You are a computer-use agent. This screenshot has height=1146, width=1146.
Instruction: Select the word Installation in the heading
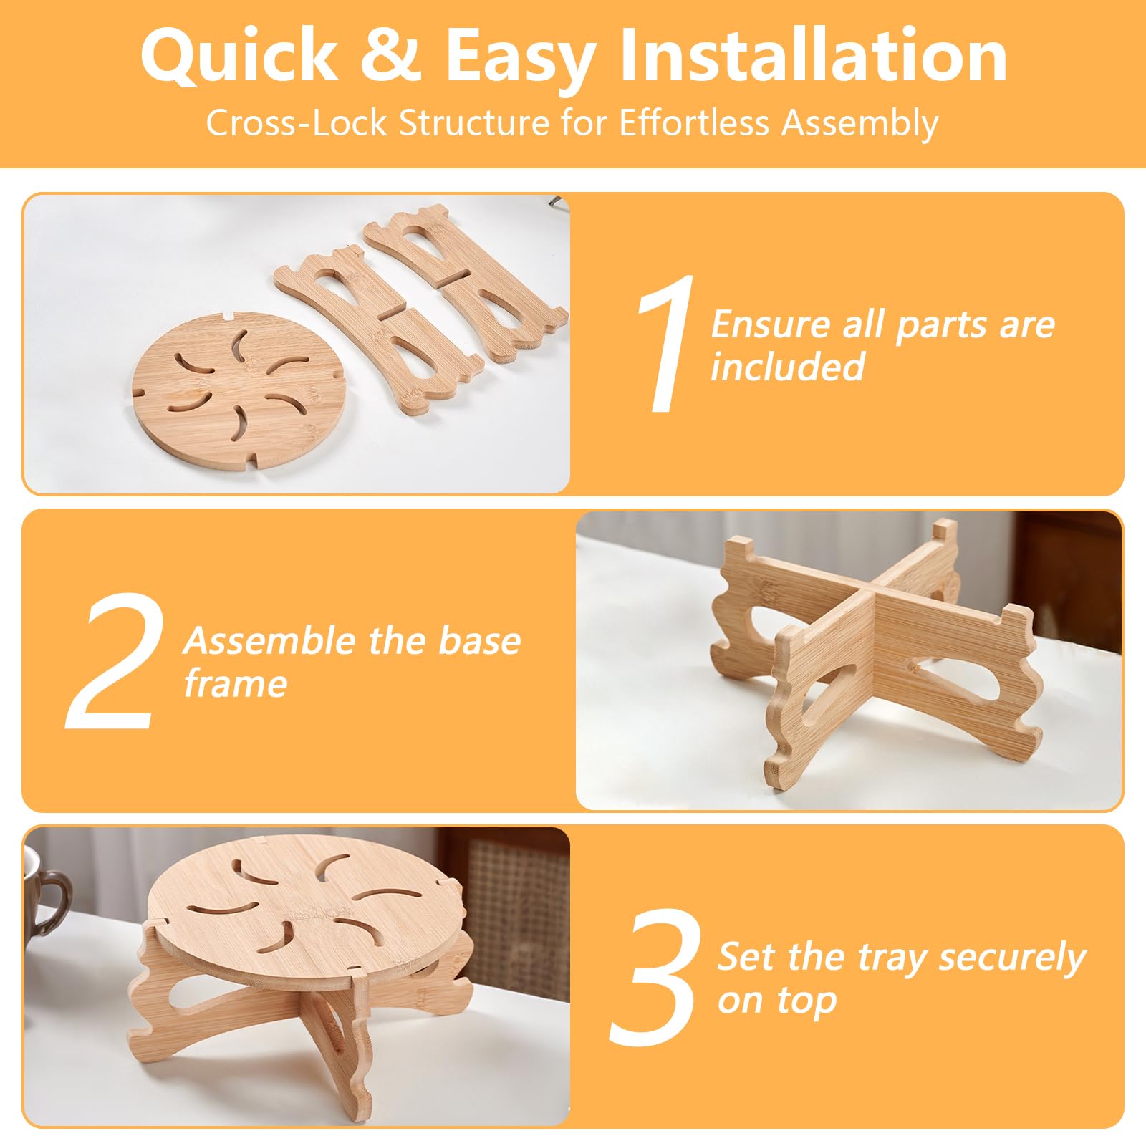tap(813, 55)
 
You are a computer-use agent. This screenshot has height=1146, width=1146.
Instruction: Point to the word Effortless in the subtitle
tap(695, 123)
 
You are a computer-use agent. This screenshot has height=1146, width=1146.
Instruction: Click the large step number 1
tap(666, 343)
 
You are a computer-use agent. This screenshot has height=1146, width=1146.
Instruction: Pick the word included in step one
tap(788, 367)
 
